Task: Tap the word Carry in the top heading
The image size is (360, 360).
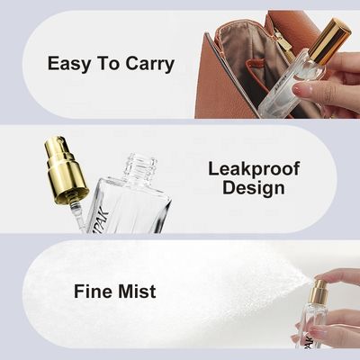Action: pos(150,64)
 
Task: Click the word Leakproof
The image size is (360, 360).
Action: pos(254,170)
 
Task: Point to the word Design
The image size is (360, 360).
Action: pos(254,189)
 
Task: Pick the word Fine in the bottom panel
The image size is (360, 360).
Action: pos(93,291)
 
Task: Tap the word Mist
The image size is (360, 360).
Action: pos(137,291)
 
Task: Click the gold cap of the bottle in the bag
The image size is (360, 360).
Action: pos(329,40)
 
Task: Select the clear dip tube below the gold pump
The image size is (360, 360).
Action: pos(77,217)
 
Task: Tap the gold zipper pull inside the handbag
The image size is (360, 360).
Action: pos(282,45)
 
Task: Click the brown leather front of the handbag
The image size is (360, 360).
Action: pos(222,90)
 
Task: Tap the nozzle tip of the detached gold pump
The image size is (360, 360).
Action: pos(61,139)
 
